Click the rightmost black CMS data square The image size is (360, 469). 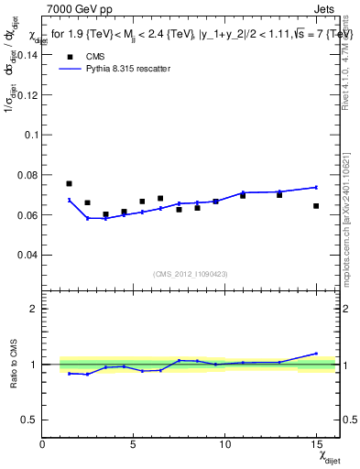click(x=316, y=206)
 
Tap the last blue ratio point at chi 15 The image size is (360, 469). click(x=316, y=354)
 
